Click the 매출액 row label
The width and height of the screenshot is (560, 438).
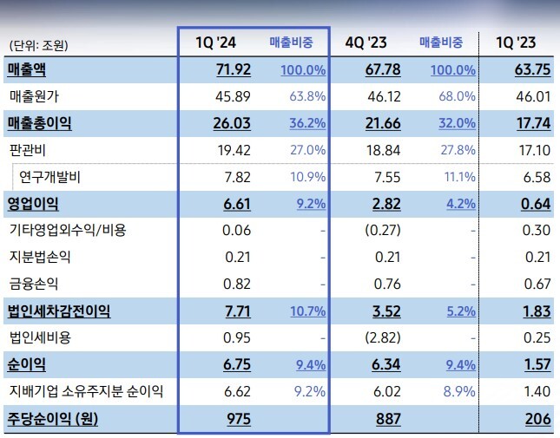coord(27,69)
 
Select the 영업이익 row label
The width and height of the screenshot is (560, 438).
coord(32,204)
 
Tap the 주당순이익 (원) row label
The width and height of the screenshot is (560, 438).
coord(51,419)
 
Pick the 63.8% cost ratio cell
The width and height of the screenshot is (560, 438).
coord(307,96)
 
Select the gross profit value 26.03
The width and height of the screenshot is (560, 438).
coord(232,123)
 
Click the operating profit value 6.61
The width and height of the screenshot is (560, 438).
coord(236,204)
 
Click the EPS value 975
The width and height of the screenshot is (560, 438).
coord(239,419)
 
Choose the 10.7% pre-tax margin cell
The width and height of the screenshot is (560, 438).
coord(307,311)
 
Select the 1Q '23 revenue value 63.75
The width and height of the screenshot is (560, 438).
coord(533,69)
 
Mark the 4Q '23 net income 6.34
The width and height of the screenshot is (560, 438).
coord(385,365)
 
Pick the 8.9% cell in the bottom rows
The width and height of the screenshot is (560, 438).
coord(458,392)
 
